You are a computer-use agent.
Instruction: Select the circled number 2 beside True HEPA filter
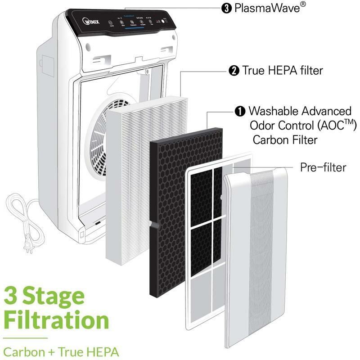pos(234,70)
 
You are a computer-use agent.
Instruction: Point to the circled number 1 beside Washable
pos(239,111)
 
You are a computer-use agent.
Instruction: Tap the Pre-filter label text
pos(323,167)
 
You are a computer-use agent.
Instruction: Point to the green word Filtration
pos(56,321)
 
